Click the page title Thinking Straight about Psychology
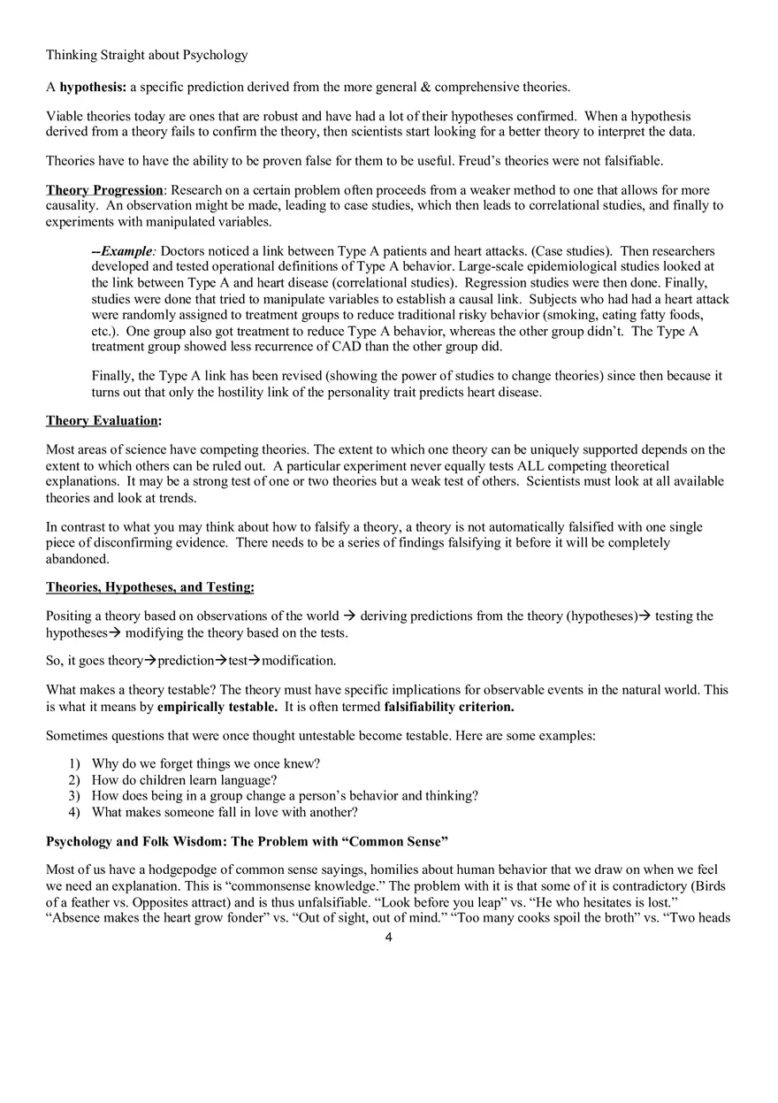147,55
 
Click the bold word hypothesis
93,87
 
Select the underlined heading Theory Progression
104,190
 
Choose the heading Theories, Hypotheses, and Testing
149,587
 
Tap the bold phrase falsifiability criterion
448,708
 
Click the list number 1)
74,763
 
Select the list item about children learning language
184,780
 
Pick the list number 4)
74,812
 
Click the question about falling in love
225,812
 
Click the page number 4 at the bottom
388,938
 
